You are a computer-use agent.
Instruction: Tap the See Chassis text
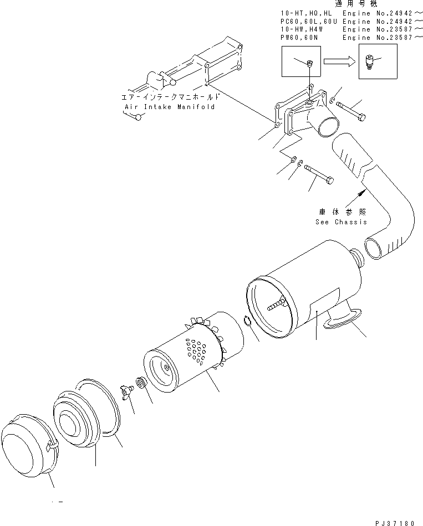341,222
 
